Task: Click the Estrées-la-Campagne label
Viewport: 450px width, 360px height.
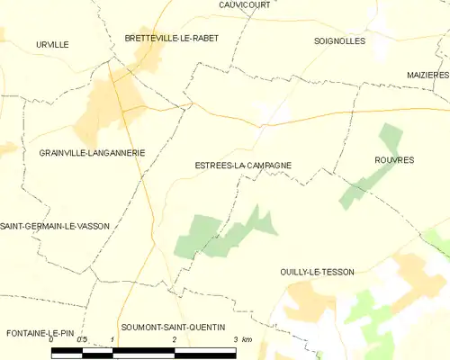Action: click(x=242, y=166)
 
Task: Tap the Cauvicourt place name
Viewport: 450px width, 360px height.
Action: click(x=245, y=4)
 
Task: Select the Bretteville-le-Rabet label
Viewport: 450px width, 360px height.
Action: click(x=171, y=38)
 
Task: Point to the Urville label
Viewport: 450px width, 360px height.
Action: click(x=52, y=43)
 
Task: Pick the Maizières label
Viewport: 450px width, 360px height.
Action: click(x=427, y=75)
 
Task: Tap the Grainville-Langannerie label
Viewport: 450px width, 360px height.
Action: click(x=92, y=153)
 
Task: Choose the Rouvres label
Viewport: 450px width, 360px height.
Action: click(x=393, y=159)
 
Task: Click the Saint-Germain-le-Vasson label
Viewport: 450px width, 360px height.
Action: click(x=56, y=226)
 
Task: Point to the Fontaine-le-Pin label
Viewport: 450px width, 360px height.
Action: click(x=40, y=332)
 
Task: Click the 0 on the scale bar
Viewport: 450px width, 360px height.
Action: click(x=52, y=339)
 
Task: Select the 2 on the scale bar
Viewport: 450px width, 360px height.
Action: click(x=174, y=339)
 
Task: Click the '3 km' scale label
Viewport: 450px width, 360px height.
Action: click(x=240, y=339)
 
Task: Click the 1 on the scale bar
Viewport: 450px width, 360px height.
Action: click(x=112, y=339)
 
